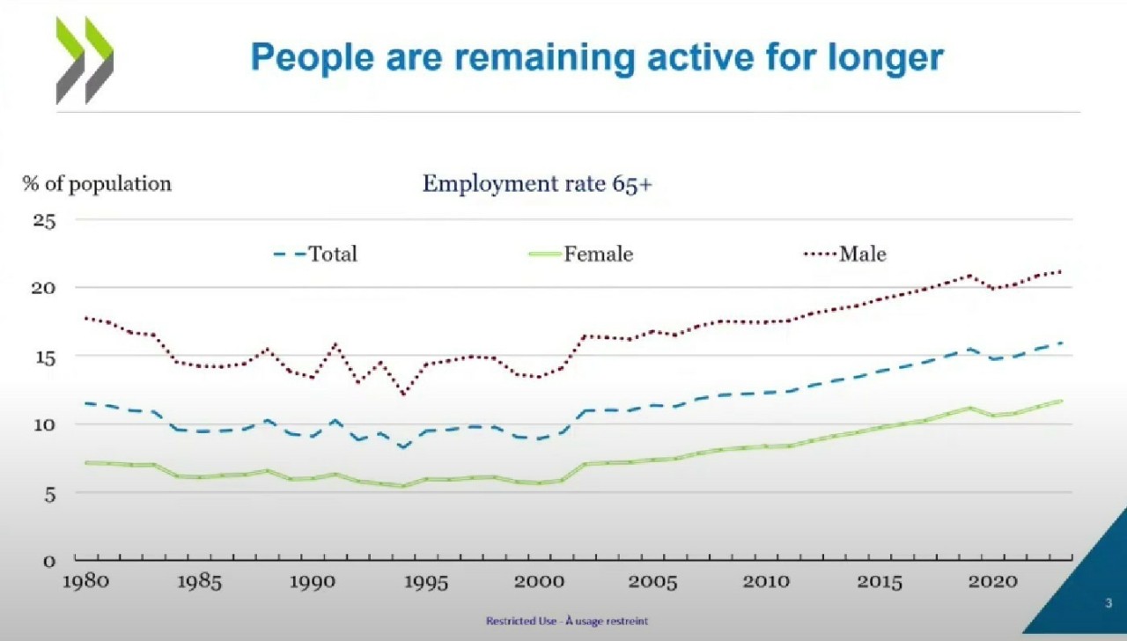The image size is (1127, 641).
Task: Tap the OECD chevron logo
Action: coord(85,60)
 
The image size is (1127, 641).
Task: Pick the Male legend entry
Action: coord(845,254)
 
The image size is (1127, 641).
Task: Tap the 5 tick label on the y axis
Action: coord(50,493)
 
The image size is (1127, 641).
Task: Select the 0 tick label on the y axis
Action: coord(50,560)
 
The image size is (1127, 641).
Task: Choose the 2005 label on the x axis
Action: coord(653,583)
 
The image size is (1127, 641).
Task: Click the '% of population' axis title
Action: coord(97,184)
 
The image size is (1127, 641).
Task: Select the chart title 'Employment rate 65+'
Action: coord(537,184)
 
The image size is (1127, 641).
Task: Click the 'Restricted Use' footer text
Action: coord(566,621)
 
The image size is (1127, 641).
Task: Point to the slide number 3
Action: coord(1108,604)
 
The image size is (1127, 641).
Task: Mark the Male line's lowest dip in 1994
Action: coord(403,394)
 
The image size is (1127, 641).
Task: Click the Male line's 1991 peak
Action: coord(335,344)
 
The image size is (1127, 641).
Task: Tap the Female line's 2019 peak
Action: coord(969,408)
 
